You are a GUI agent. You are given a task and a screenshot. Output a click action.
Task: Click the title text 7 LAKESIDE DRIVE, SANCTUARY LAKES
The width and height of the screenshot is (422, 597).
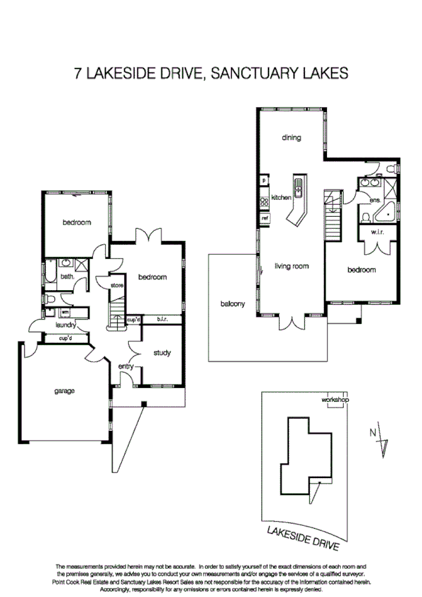pyautogui.click(x=211, y=73)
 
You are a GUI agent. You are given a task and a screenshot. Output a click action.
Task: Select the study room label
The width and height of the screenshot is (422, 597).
pyautogui.click(x=163, y=353)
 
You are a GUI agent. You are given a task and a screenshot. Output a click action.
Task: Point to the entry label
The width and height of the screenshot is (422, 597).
pyautogui.click(x=126, y=366)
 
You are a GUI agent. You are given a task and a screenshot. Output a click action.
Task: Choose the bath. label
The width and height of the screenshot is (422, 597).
pyautogui.click(x=67, y=277)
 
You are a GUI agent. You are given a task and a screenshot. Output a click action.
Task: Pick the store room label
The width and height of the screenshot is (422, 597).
pyautogui.click(x=117, y=285)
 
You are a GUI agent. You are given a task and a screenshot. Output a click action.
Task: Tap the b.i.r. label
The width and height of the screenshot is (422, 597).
pyautogui.click(x=161, y=319)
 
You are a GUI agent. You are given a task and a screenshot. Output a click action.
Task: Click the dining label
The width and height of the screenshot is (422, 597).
pyautogui.click(x=291, y=138)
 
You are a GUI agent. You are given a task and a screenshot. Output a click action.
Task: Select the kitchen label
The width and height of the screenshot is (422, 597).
pyautogui.click(x=281, y=198)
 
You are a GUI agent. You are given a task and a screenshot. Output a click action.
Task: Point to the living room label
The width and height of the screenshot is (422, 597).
pyautogui.click(x=292, y=266)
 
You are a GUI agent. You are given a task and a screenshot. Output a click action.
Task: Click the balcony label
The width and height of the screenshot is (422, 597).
pyautogui.click(x=232, y=303)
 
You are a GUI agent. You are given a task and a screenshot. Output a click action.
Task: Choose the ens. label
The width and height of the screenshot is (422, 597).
pyautogui.click(x=375, y=201)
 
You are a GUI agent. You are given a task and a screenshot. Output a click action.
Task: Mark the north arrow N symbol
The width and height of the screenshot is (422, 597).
pyautogui.click(x=374, y=434)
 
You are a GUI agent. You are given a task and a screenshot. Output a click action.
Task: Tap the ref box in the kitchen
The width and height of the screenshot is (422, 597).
pyautogui.click(x=265, y=218)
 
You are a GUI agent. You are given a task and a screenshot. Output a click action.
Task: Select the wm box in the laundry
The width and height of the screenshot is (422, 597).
pyautogui.click(x=64, y=311)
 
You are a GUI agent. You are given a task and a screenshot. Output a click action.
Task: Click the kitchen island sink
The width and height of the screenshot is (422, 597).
pyautogui.click(x=298, y=188)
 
